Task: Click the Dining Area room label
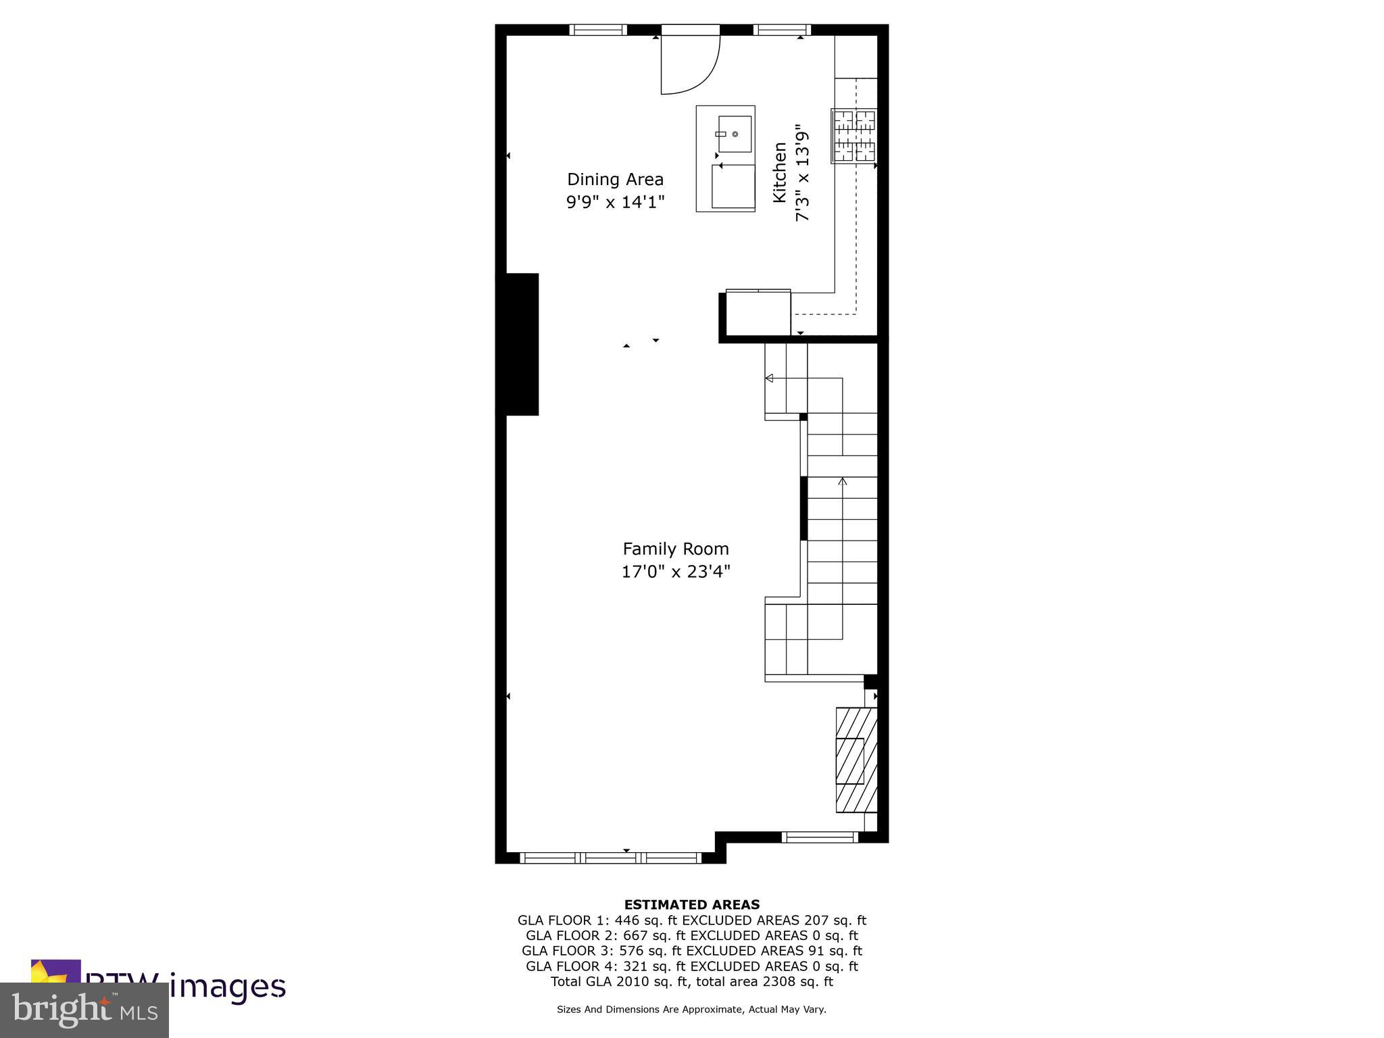pyautogui.click(x=615, y=180)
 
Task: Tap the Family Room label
pyautogui.click(x=676, y=549)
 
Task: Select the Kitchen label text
pyautogui.click(x=780, y=172)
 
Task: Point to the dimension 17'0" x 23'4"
pyautogui.click(x=676, y=572)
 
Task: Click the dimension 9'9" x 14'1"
pyautogui.click(x=616, y=202)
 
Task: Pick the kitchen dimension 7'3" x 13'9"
pyautogui.click(x=802, y=172)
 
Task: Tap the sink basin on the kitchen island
pyautogui.click(x=735, y=134)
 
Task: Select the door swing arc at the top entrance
pyautogui.click(x=691, y=64)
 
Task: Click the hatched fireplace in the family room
pyautogui.click(x=856, y=760)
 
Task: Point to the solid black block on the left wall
pyautogui.click(x=518, y=344)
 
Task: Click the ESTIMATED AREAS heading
pyautogui.click(x=691, y=904)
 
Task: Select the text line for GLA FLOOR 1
pyautogui.click(x=691, y=920)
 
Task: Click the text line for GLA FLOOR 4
pyautogui.click(x=691, y=966)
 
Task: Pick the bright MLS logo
pyautogui.click(x=84, y=1010)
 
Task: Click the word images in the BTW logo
pyautogui.click(x=227, y=987)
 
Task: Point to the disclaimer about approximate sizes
pyautogui.click(x=691, y=1010)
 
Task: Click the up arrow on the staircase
pyautogui.click(x=842, y=481)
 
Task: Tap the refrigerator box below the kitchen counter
pyautogui.click(x=758, y=313)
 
